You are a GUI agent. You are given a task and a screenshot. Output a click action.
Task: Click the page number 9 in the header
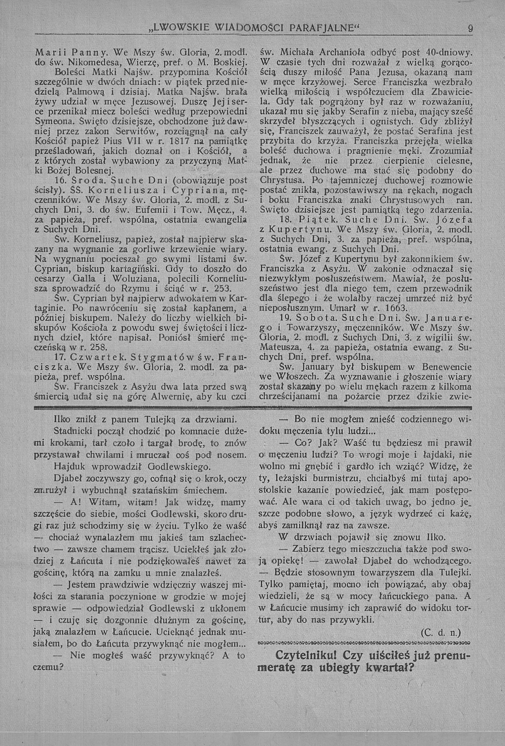click(470, 29)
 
